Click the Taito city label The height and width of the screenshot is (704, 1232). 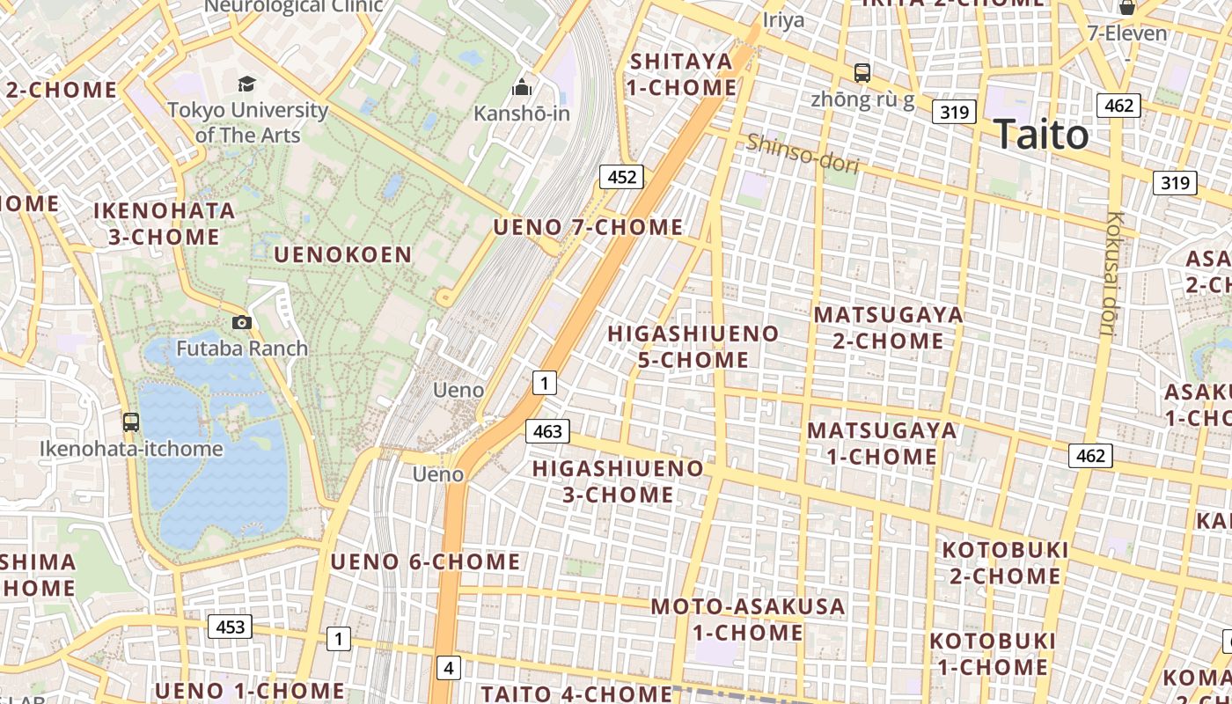1042,135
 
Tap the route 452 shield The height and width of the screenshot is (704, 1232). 621,177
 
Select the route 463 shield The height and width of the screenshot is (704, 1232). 547,431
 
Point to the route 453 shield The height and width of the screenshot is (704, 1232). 230,627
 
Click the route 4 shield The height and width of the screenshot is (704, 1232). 449,668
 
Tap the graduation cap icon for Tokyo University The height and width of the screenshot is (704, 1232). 246,84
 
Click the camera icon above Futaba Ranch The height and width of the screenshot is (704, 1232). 242,323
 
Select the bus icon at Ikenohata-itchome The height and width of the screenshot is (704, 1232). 131,422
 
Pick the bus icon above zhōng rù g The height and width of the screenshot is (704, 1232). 862,73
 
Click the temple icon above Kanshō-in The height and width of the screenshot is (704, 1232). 522,87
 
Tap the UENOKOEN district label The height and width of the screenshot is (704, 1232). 343,255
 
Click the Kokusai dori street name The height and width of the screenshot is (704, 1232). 1115,273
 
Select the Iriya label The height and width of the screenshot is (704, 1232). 783,19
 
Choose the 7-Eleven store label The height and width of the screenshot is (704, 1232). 1127,33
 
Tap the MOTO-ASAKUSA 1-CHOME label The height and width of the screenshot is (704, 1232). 748,620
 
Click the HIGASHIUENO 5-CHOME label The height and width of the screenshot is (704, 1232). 693,347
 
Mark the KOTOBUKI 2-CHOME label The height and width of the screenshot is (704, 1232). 1005,563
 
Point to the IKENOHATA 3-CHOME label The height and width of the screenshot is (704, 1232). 165,224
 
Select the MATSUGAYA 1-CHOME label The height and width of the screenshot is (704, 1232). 882,444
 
